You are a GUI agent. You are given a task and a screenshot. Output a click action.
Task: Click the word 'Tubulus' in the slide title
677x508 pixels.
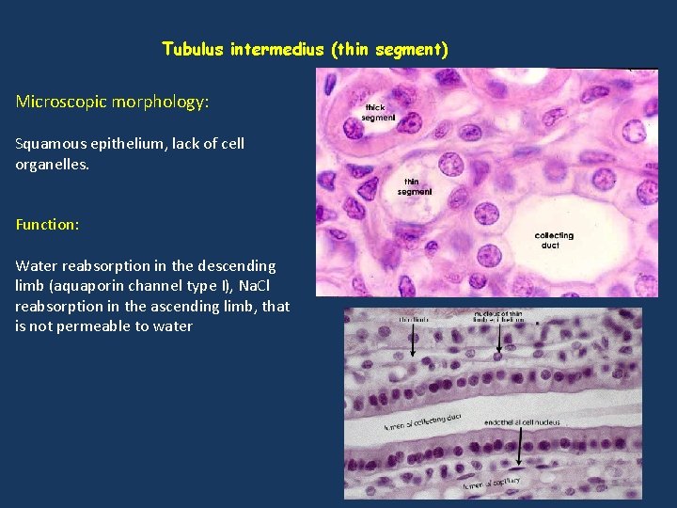[192, 49]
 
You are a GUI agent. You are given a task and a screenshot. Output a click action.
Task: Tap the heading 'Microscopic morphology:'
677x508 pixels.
[112, 102]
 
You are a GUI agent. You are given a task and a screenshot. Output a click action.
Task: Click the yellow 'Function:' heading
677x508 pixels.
[47, 225]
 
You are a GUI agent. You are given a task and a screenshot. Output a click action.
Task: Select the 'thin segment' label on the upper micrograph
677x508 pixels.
[415, 186]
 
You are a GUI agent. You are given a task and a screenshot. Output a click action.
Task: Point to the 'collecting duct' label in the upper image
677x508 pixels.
[553, 240]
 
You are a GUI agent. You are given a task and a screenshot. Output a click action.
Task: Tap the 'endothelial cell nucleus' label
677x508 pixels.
[521, 422]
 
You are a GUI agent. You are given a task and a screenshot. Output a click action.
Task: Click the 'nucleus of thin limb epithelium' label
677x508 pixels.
[497, 316]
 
